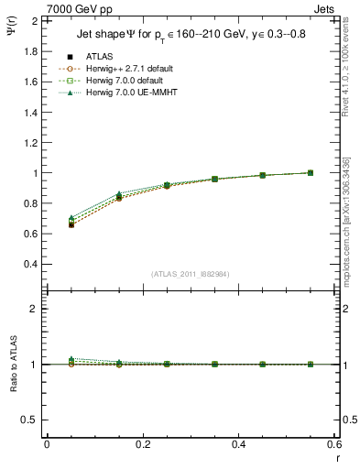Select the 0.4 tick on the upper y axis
pyautogui.click(x=29, y=264)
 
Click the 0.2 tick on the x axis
pyautogui.click(x=142, y=444)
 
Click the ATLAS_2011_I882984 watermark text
pyautogui.click(x=190, y=274)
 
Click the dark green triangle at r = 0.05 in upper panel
pyautogui.click(x=71, y=218)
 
